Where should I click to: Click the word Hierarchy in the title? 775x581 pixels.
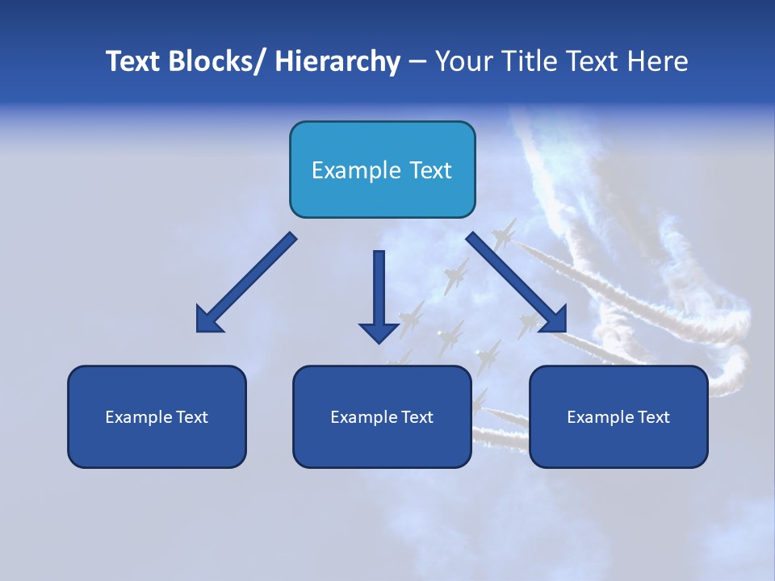point(337,61)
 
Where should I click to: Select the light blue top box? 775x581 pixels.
point(382,169)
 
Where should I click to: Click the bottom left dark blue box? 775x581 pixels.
point(157,416)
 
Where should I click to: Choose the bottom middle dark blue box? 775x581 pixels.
point(382,416)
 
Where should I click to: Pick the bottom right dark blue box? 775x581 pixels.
point(618,416)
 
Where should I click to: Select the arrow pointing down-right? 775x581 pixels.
point(517,282)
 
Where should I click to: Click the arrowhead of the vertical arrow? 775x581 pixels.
point(379,332)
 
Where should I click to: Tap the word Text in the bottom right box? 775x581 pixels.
point(653,417)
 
